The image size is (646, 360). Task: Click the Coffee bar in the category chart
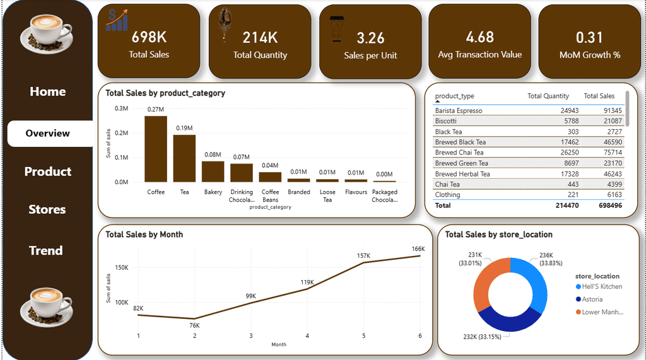(156, 149)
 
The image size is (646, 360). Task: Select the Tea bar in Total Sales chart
(184, 158)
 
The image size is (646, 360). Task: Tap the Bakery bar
(213, 171)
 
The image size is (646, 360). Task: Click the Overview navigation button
(48, 133)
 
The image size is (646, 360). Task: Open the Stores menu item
(47, 209)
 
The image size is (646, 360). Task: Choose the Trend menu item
(46, 250)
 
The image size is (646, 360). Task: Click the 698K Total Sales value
(149, 38)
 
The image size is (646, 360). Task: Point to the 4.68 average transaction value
(479, 37)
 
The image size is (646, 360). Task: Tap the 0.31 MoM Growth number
(589, 38)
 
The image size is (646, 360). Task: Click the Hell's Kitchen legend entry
(602, 286)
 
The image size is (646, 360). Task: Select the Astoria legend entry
(592, 299)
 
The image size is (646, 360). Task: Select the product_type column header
(454, 96)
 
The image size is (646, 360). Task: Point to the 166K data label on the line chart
(418, 248)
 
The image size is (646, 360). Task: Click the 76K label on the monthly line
(194, 325)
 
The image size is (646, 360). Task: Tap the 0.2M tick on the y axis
(121, 133)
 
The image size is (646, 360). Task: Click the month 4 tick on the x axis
(307, 335)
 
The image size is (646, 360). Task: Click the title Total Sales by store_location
(498, 235)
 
